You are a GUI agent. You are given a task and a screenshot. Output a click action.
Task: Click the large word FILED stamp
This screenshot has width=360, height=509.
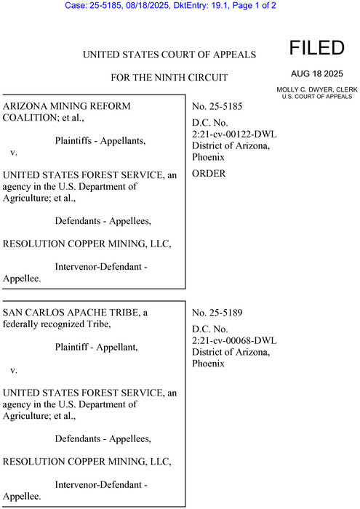coord(316,48)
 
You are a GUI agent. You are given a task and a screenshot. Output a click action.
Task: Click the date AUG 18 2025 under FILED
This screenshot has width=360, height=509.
coord(316,74)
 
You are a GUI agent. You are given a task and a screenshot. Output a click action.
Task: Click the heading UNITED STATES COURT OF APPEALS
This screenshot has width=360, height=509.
coord(170,55)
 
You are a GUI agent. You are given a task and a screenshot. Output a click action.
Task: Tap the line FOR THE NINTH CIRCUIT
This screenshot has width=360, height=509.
coord(169,77)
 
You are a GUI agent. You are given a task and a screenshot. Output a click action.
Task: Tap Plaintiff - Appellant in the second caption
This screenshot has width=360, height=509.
coord(96,348)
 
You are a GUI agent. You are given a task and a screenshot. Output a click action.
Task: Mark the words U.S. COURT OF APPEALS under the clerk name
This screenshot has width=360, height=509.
coord(316,96)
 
